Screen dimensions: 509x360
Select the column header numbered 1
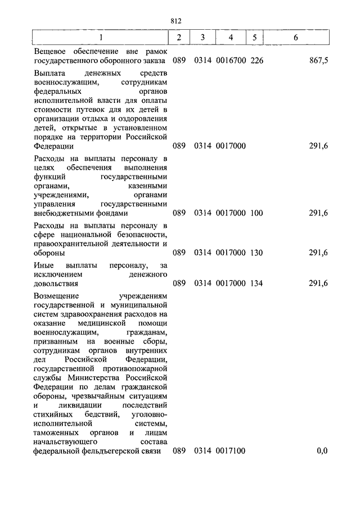(x=101, y=38)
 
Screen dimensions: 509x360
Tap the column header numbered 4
(x=231, y=38)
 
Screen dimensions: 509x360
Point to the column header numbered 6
(x=296, y=38)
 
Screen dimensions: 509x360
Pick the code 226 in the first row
(x=256, y=60)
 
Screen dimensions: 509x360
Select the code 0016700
(x=231, y=60)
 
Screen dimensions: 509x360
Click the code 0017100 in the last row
(x=231, y=451)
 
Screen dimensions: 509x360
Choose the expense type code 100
(x=256, y=214)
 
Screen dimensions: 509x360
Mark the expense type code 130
(x=256, y=253)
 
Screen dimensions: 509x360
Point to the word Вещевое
(x=50, y=51)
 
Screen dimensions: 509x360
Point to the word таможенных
(x=56, y=433)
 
